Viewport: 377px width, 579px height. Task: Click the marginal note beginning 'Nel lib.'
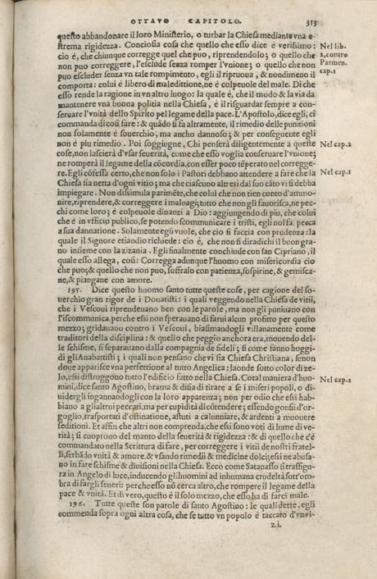(337, 44)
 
